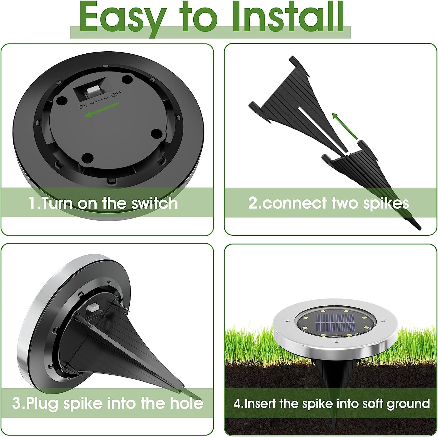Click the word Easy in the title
[x=123, y=18]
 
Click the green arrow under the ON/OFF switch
[x=102, y=109]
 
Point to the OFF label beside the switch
[x=117, y=94]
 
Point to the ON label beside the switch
[x=83, y=106]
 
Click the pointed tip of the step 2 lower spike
[x=420, y=227]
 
